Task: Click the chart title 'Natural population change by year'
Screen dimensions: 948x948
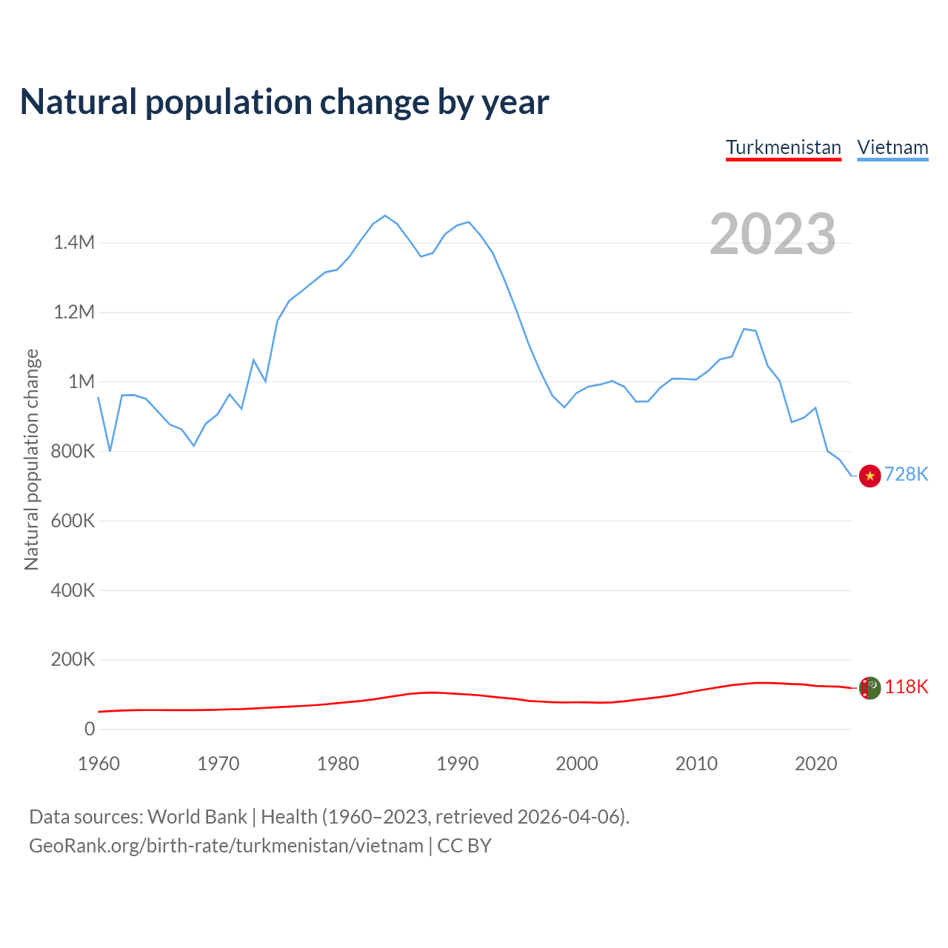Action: pos(284,102)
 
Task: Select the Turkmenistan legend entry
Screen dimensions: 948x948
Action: pos(784,147)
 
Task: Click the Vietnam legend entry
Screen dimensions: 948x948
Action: pos(892,147)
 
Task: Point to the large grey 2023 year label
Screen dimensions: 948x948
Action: pos(772,234)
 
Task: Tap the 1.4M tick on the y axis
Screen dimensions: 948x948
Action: pos(74,242)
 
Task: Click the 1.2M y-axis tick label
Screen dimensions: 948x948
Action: pos(74,312)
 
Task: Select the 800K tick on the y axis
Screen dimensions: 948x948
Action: pos(73,451)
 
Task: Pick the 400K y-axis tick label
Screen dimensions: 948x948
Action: pos(73,590)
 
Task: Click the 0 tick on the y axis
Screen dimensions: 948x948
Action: pos(90,729)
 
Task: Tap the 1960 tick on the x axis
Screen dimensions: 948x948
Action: pos(99,764)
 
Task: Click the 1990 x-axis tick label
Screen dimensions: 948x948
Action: pos(457,764)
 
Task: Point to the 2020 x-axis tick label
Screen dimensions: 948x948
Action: pos(815,764)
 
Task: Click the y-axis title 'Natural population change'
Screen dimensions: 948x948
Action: pos(32,460)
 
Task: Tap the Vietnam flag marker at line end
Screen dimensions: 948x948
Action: pos(869,475)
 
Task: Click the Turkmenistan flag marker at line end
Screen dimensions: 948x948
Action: pos(869,688)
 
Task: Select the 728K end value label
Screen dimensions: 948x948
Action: pos(906,474)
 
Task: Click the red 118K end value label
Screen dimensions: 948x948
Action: pos(906,687)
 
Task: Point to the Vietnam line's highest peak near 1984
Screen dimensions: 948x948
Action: pos(385,216)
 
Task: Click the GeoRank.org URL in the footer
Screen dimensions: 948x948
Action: pos(226,846)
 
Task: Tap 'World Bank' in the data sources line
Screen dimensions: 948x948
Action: pos(197,817)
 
